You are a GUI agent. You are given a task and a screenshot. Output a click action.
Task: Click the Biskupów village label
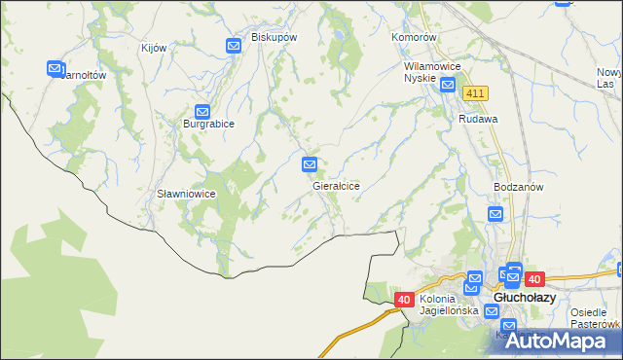(274, 37)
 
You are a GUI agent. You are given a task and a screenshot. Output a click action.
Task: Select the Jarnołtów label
(83, 74)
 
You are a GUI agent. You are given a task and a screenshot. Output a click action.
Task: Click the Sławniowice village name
(186, 194)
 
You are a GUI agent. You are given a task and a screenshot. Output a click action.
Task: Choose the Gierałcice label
(337, 185)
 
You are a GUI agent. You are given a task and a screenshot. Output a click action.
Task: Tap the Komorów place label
(417, 37)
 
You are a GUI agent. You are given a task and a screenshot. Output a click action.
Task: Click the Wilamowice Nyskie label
(431, 73)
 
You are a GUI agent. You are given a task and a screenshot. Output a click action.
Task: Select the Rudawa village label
(479, 119)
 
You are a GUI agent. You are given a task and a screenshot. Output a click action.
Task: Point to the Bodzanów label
(518, 187)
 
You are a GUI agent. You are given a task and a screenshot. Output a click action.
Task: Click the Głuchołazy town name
(526, 298)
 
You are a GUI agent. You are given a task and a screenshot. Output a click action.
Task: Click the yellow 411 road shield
(475, 92)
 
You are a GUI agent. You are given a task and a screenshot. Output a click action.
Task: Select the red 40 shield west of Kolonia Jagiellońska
(405, 300)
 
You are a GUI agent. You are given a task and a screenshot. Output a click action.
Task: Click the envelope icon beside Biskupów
(234, 45)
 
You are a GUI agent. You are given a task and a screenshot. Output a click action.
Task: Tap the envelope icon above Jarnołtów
(55, 68)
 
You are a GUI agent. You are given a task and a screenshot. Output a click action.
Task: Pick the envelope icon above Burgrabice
(202, 112)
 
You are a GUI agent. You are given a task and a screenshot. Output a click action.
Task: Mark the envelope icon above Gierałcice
(311, 165)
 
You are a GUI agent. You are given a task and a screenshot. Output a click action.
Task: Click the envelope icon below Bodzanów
(496, 214)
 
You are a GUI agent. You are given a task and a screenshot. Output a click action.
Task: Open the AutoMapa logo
(558, 340)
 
